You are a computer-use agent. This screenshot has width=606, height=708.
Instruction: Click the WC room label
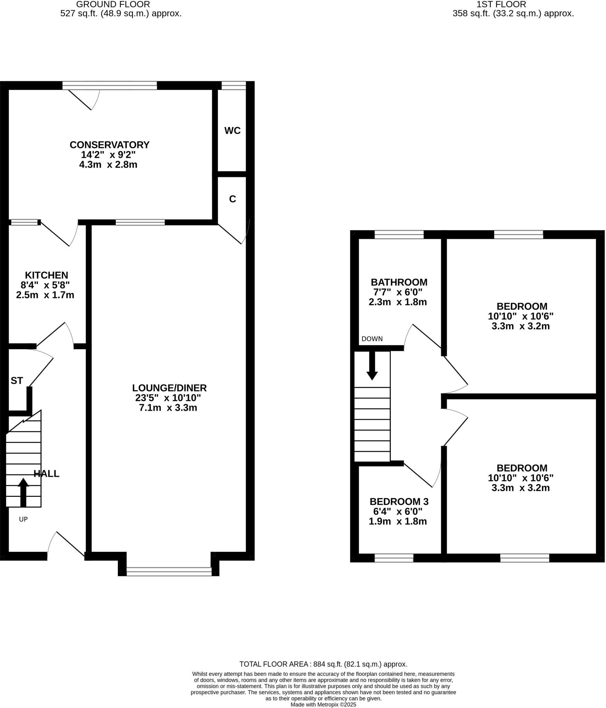tap(232, 131)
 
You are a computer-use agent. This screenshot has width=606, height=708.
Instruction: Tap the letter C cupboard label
tap(232, 199)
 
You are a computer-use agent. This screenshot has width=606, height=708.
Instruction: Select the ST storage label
tap(17, 381)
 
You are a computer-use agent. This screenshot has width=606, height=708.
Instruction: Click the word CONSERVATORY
tap(109, 145)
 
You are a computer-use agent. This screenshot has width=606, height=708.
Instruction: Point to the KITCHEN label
tap(46, 275)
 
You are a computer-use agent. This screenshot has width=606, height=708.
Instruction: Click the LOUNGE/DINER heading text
tap(169, 388)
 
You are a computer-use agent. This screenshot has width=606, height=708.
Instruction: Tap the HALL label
tap(46, 474)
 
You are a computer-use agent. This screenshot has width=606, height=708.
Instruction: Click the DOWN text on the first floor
tap(372, 339)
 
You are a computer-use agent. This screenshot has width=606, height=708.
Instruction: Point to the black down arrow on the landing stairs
tap(372, 366)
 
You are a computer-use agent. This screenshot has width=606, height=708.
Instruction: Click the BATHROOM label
tap(399, 282)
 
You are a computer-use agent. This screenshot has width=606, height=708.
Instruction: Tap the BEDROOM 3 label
tap(399, 501)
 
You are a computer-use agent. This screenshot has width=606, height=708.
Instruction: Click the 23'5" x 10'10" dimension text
tap(168, 398)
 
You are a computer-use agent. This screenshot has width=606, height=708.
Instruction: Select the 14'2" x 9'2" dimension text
tap(108, 155)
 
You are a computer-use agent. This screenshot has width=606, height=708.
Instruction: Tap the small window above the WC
tap(233, 85)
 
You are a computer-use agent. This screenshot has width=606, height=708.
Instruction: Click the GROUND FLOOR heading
tap(113, 4)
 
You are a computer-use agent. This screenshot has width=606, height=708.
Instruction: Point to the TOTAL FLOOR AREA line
tap(323, 664)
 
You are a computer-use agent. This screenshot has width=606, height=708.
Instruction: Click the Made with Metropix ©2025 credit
tap(323, 705)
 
